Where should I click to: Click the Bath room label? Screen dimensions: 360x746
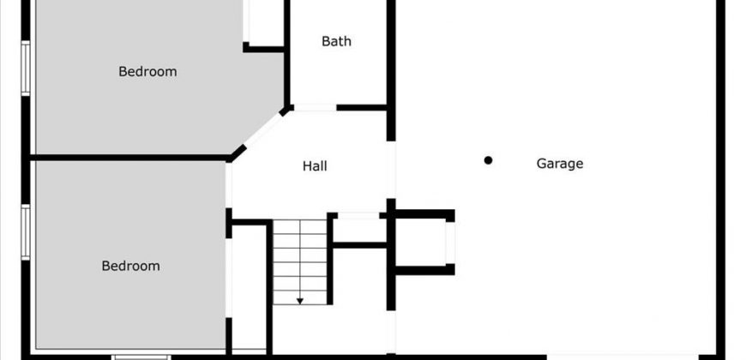(x=336, y=41)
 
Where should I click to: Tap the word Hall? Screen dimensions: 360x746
(x=315, y=166)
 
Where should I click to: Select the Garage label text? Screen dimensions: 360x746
(x=559, y=163)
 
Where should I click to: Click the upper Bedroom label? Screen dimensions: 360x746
(x=147, y=72)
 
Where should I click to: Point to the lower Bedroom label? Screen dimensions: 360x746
(x=130, y=266)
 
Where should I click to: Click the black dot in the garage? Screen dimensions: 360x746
(x=488, y=160)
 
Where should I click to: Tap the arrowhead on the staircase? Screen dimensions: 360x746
(x=301, y=300)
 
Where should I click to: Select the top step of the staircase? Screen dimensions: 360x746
(x=301, y=225)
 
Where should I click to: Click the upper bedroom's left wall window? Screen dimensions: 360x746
(x=26, y=69)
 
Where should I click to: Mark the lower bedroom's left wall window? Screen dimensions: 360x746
(x=26, y=231)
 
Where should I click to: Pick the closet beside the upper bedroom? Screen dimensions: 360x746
(x=264, y=21)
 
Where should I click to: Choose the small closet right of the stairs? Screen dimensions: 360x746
(x=359, y=230)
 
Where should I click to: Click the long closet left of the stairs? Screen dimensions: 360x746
(x=250, y=287)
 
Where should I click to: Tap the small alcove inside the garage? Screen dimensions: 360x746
(x=422, y=243)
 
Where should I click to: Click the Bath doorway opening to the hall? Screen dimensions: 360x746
(x=315, y=107)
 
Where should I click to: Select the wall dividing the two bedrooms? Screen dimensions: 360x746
(x=129, y=158)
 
